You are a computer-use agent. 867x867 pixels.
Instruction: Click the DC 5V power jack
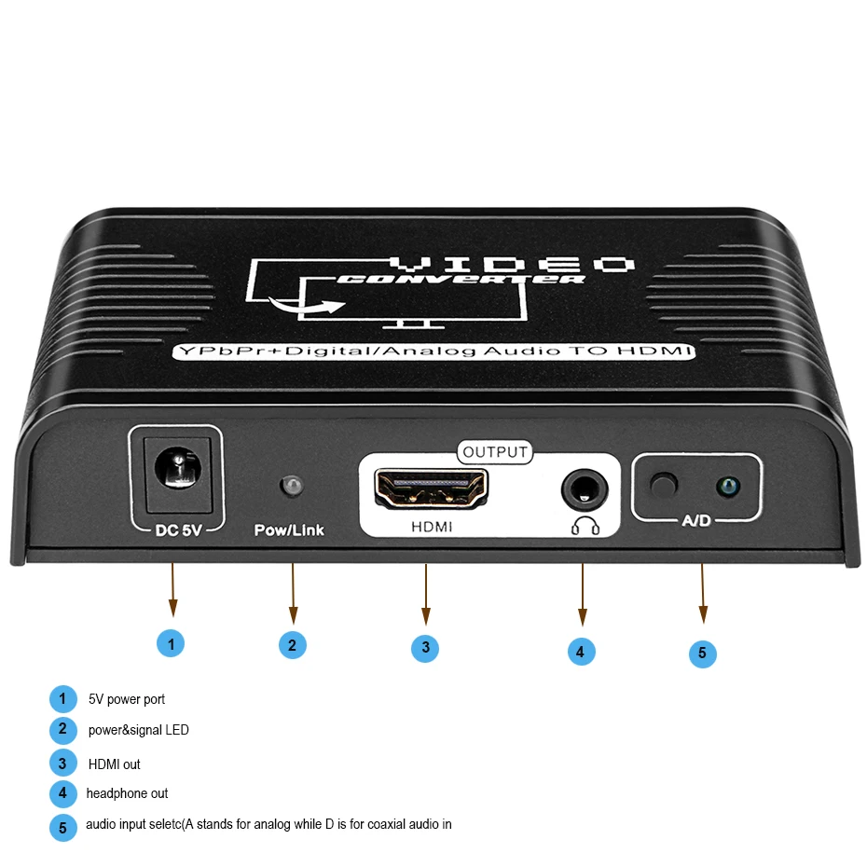174,469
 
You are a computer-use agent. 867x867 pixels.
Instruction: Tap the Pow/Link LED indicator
291,487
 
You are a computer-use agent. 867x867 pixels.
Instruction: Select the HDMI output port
431,489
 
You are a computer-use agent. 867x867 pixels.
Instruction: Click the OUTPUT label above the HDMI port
495,453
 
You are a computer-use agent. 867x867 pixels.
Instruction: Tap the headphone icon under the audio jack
585,527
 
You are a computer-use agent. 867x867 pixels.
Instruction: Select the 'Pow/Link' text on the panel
289,530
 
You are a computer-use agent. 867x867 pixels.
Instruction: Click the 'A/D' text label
696,520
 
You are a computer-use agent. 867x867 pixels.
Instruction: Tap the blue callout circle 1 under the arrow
171,642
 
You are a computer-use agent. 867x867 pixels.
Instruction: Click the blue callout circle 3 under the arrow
425,648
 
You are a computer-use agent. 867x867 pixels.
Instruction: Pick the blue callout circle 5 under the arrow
703,653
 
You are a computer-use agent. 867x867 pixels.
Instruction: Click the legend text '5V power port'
127,699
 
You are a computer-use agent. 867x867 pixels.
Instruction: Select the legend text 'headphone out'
127,793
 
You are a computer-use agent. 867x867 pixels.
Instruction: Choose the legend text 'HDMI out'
114,764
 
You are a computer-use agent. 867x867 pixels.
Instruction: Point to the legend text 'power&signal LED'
138,730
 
